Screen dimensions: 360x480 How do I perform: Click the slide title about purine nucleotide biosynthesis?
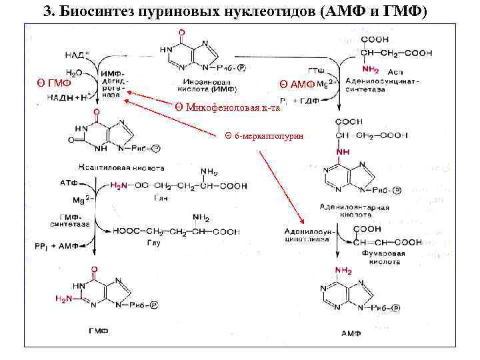point(239,12)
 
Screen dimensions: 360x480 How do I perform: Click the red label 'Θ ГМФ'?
point(54,83)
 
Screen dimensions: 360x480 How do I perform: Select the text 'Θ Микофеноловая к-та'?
point(227,107)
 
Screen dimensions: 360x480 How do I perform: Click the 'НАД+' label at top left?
point(77,53)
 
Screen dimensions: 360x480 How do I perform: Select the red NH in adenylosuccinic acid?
point(342,152)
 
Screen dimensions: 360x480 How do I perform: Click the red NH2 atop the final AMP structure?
point(345,271)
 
